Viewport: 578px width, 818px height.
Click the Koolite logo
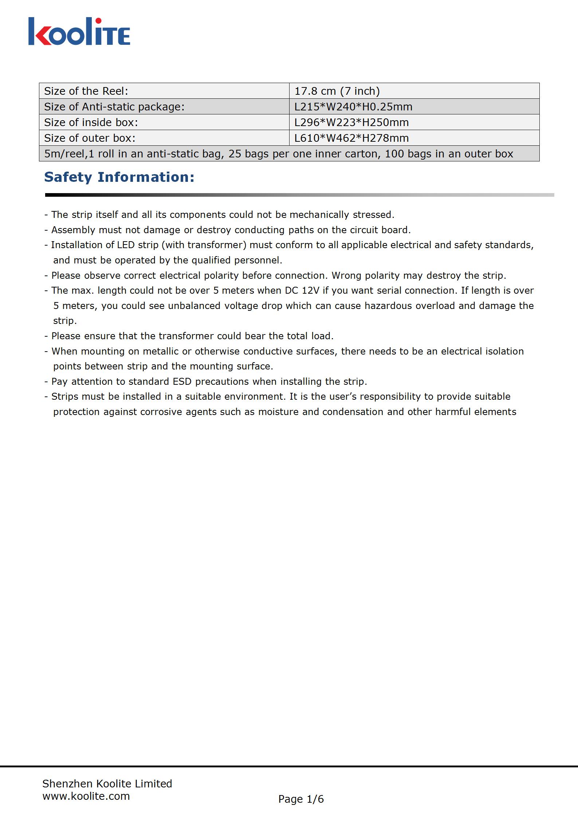[79, 32]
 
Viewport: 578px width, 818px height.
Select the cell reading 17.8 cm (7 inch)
[337, 91]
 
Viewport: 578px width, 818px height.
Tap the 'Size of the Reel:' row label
[86, 91]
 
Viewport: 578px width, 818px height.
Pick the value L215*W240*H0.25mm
[353, 107]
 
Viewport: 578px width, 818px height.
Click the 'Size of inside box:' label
[91, 122]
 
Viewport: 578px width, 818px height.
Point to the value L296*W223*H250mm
[351, 122]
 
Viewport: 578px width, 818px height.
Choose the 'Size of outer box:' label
[90, 138]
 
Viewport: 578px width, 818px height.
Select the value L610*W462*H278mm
[351, 138]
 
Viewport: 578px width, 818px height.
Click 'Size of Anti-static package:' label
[114, 107]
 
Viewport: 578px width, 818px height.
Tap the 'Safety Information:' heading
[119, 177]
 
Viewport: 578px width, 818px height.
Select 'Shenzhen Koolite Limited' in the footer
[107, 783]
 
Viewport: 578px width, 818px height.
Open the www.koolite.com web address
[86, 796]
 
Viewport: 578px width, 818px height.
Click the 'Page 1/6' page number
[301, 799]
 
